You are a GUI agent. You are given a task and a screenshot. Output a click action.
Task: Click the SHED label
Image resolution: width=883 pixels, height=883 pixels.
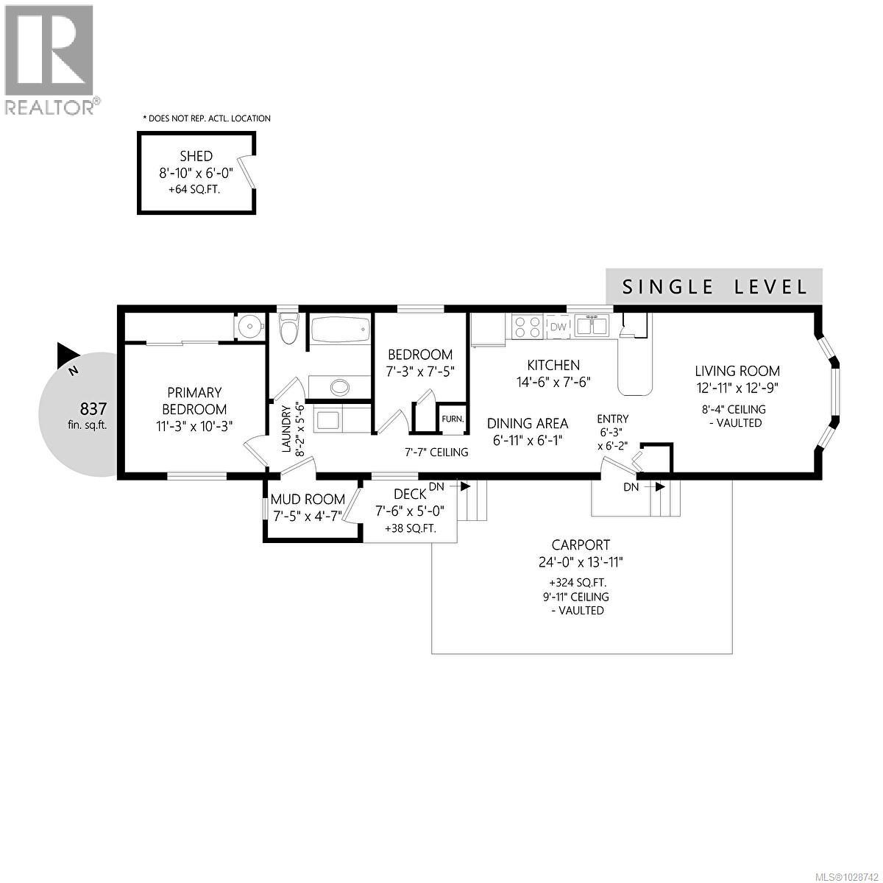196,156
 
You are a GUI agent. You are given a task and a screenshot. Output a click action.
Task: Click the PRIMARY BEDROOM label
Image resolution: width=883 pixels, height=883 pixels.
194,401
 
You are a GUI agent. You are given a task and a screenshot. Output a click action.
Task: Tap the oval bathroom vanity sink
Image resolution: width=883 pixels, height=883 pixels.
340,386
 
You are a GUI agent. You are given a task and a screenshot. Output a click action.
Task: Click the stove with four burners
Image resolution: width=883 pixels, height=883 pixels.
527,326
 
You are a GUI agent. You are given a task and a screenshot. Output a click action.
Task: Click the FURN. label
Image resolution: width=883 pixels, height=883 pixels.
452,419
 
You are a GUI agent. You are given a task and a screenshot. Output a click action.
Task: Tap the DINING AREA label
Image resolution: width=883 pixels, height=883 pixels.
528,423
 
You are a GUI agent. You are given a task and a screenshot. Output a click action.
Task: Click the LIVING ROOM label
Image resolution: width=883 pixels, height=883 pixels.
737,371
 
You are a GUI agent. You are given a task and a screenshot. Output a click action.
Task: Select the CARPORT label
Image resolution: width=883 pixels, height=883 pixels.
581,545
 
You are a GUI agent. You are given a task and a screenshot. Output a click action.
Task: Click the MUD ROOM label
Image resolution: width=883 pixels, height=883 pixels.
308,500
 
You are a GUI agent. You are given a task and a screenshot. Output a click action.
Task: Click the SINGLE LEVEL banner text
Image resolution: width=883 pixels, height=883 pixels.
714,287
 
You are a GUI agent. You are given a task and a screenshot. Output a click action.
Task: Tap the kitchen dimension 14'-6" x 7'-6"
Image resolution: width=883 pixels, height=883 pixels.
553,382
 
